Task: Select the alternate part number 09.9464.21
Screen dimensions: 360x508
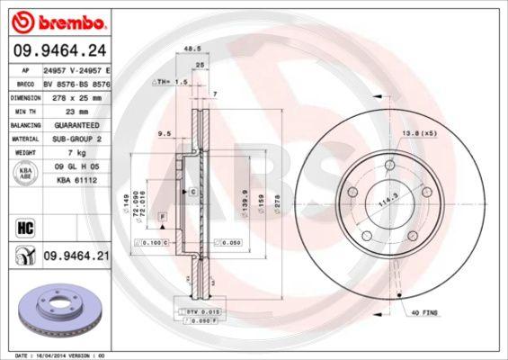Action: coord(77,256)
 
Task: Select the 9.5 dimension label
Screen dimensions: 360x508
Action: coord(165,134)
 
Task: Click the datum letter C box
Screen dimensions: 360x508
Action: coord(192,193)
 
